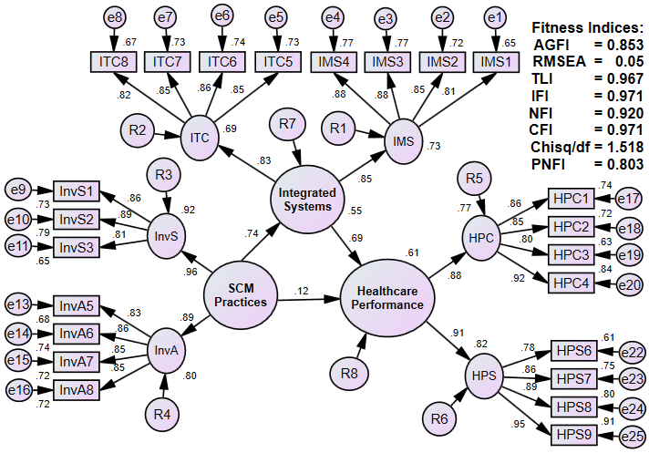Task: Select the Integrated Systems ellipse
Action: point(307,201)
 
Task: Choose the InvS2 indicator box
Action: point(77,219)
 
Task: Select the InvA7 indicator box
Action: point(77,362)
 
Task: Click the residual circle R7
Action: point(288,124)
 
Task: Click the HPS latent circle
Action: point(483,376)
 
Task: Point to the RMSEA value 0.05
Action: point(624,60)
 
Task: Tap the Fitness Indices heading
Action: point(589,27)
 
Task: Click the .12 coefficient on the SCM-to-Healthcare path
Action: point(303,291)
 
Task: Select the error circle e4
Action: point(334,17)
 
